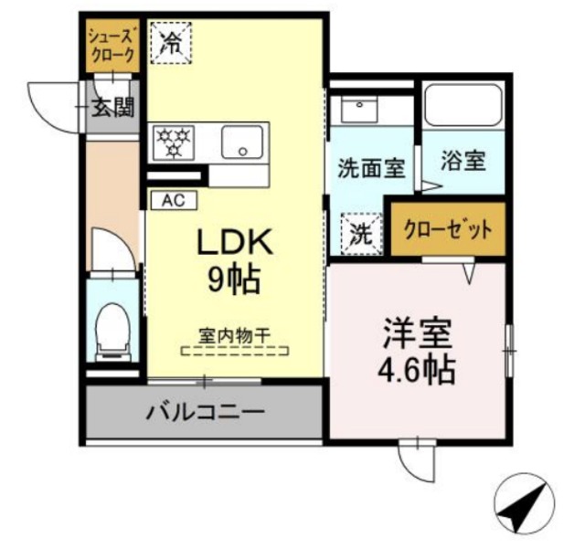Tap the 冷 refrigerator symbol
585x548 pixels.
pyautogui.click(x=170, y=41)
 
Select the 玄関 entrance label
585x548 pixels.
pyautogui.click(x=112, y=108)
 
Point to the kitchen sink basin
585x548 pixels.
pyautogui.click(x=242, y=142)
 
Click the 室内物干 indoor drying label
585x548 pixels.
pyautogui.click(x=235, y=335)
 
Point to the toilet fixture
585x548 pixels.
pyautogui.click(x=112, y=328)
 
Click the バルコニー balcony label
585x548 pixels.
pyautogui.click(x=206, y=412)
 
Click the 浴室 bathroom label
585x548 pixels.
pyautogui.click(x=462, y=161)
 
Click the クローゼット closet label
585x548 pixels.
pyautogui.click(x=449, y=228)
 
